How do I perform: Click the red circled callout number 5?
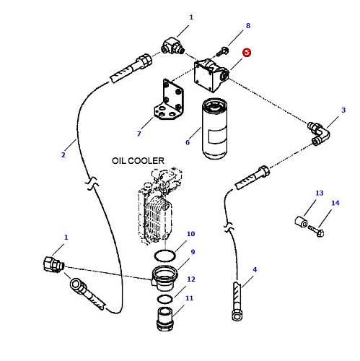pos(247,53)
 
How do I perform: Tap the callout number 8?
pos(248,26)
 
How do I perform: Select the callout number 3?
pos(343,110)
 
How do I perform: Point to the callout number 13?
pos(320,193)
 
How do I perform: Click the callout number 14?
pos(335,203)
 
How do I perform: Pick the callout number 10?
pos(190,234)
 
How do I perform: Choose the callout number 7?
pos(139,134)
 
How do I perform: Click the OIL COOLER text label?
pos(138,161)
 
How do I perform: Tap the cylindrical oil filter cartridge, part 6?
pos(215,129)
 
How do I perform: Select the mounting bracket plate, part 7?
pos(170,100)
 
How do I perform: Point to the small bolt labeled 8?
pos(222,52)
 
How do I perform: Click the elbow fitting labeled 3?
pos(319,134)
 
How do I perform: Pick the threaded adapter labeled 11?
pos(165,319)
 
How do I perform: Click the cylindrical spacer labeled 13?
pos(301,222)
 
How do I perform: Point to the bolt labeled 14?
pos(317,231)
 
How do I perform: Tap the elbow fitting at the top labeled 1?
pos(172,46)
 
